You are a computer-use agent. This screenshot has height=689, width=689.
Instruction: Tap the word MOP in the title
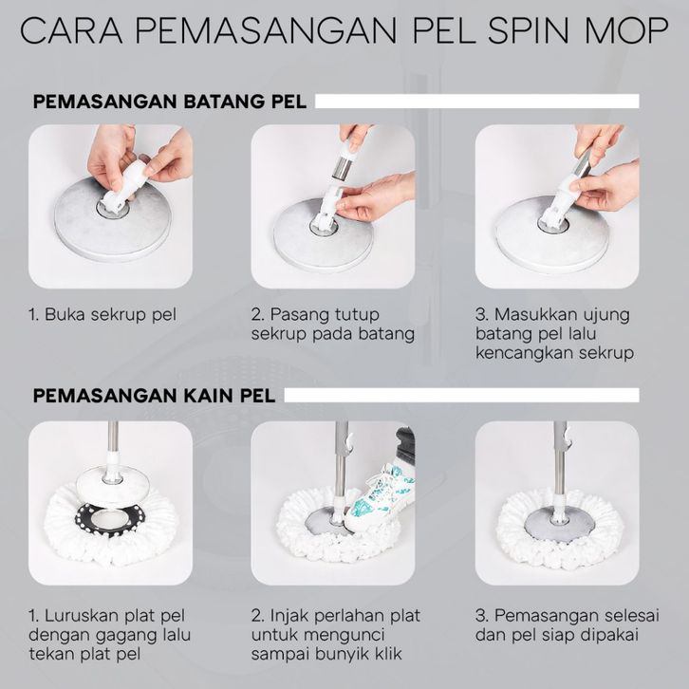point(627,30)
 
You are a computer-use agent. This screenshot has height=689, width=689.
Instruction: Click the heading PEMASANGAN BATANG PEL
point(170,102)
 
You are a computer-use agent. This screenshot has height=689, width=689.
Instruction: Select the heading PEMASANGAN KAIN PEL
point(155,396)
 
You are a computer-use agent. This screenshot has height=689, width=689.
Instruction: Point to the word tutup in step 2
point(357,315)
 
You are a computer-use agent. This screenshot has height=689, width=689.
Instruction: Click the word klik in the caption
point(388,654)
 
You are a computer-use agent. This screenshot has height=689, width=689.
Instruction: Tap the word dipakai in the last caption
point(610,636)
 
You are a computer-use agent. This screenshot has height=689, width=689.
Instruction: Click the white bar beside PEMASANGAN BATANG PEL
point(476,101)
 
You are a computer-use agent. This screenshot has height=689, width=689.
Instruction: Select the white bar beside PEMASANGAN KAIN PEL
point(461,395)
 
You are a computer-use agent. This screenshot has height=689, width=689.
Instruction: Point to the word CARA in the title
point(71,30)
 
